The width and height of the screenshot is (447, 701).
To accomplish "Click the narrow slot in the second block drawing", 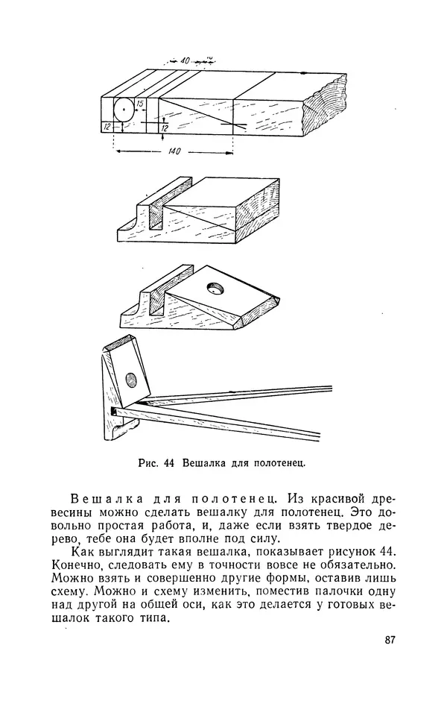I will (158, 213).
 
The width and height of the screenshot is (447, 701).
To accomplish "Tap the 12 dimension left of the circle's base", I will (107, 128).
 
